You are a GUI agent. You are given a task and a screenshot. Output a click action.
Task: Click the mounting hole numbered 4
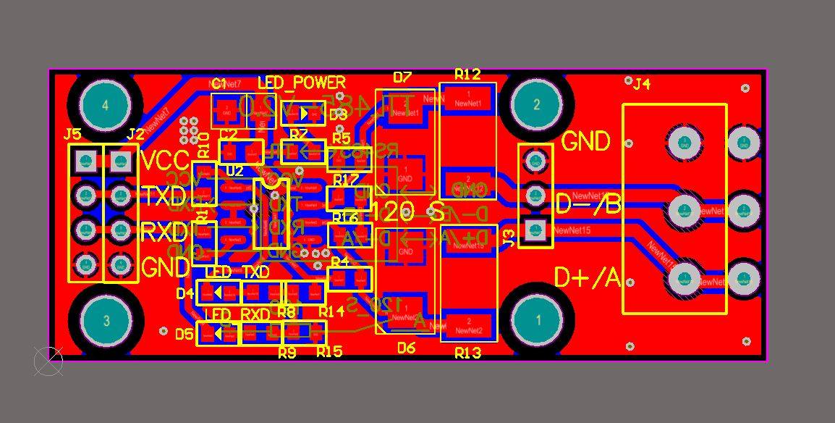pyautogui.click(x=106, y=105)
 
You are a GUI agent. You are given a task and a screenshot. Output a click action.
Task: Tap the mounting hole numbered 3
pyautogui.click(x=106, y=319)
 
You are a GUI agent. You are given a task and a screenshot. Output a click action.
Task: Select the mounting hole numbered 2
pyautogui.click(x=536, y=105)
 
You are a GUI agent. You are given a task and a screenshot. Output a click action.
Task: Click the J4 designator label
pyautogui.click(x=641, y=84)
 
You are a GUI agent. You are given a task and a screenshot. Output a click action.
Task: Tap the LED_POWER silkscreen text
pyautogui.click(x=302, y=83)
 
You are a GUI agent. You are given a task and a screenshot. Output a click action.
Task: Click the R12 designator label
pyautogui.click(x=467, y=74)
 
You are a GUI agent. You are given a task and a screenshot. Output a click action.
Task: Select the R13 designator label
pyautogui.click(x=467, y=353)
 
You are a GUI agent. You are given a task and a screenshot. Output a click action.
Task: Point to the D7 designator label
pyautogui.click(x=402, y=77)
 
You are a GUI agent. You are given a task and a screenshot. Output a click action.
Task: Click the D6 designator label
pyautogui.click(x=406, y=348)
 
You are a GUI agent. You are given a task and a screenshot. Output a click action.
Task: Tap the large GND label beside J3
pyautogui.click(x=585, y=141)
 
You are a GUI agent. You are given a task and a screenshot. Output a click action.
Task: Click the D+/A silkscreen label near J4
pyautogui.click(x=588, y=277)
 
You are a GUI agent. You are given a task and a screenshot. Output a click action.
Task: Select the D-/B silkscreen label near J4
pyautogui.click(x=588, y=206)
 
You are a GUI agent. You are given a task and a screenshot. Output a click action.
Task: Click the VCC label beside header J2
pyautogui.click(x=164, y=159)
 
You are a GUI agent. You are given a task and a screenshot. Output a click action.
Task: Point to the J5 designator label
pyautogui.click(x=72, y=134)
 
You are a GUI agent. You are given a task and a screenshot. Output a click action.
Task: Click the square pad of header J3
pyautogui.click(x=536, y=230)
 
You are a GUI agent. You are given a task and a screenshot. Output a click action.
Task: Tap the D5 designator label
pyautogui.click(x=185, y=334)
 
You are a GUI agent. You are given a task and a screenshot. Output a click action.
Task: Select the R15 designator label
pyautogui.click(x=329, y=352)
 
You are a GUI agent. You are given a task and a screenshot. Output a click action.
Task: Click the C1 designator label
pyautogui.click(x=219, y=82)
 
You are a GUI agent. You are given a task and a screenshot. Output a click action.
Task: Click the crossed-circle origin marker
pyautogui.click(x=48, y=361)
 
